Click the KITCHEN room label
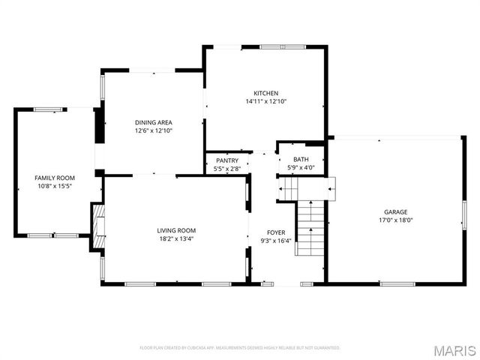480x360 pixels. click(265, 93)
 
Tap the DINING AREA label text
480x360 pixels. click(153, 122)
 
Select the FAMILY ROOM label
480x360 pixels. click(55, 177)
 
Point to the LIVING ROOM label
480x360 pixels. click(176, 230)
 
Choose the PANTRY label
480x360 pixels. click(227, 160)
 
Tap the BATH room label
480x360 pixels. click(301, 159)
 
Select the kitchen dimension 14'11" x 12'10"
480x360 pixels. click(265, 101)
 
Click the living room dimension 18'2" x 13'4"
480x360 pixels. click(176, 239)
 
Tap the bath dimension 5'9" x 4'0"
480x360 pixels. click(301, 167)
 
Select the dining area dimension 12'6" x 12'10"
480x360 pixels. click(153, 130)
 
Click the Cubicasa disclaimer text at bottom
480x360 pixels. click(240, 348)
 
